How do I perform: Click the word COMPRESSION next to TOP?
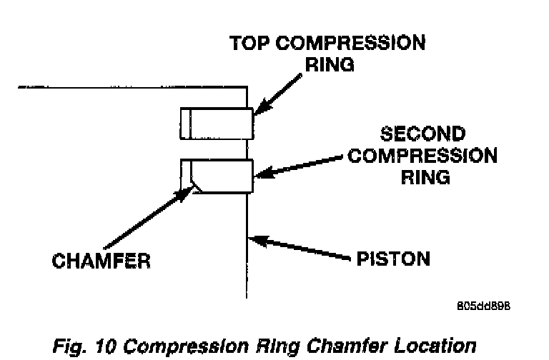[352, 43]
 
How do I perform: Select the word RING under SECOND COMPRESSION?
[424, 176]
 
